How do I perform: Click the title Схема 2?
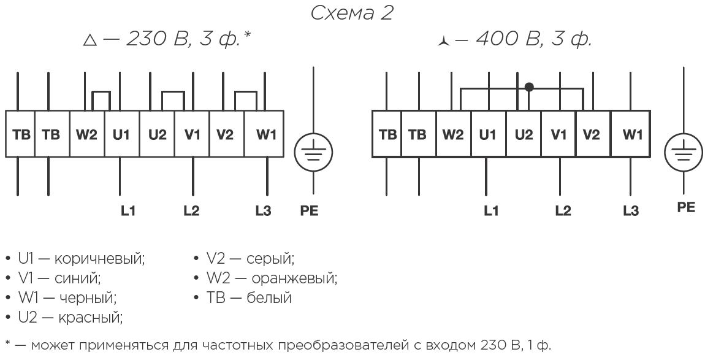[352, 13]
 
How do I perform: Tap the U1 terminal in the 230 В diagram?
[122, 134]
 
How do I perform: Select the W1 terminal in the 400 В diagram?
[630, 134]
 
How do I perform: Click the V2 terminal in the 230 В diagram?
[227, 134]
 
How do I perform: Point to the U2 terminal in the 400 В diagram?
[524, 134]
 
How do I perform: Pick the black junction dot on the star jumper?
[529, 87]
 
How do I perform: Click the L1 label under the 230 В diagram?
[128, 210]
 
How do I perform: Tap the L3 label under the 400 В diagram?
[631, 210]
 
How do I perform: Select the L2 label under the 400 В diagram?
[563, 210]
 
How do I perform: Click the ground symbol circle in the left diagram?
[313, 134]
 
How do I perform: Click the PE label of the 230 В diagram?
[310, 210]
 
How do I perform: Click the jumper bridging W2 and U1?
[101, 92]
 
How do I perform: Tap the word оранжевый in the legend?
[294, 278]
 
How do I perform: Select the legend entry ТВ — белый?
[249, 298]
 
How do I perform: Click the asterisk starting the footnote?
[7, 344]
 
